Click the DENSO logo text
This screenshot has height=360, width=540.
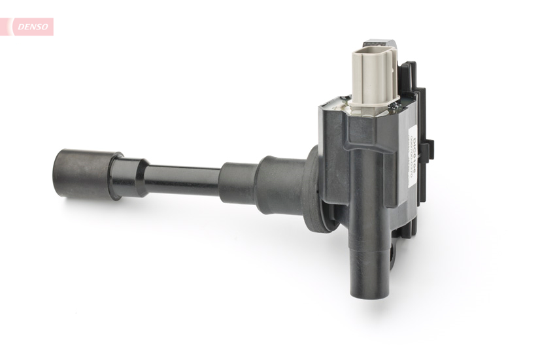(31, 26)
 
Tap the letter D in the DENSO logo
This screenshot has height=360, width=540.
(20, 26)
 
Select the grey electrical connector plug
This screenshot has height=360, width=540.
(373, 75)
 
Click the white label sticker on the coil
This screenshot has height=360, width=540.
(413, 157)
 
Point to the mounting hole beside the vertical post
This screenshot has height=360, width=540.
(392, 251)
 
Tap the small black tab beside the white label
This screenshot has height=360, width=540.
(427, 150)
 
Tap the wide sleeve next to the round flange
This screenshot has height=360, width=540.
(278, 185)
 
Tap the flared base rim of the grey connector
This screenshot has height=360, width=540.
(373, 104)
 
